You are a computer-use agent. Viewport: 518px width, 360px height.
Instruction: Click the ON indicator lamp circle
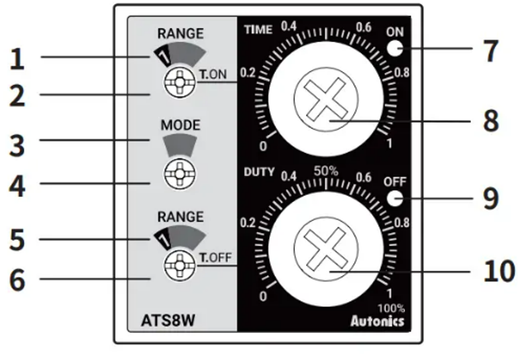coord(395,48)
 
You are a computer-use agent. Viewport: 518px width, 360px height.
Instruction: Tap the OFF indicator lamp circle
coord(395,199)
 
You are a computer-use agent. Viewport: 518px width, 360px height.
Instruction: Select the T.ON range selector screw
coord(180,83)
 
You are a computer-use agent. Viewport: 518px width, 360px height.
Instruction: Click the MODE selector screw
coord(180,173)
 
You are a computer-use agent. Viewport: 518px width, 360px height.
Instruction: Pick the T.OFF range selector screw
coord(180,265)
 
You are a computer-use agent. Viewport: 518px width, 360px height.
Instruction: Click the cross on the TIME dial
coord(326,99)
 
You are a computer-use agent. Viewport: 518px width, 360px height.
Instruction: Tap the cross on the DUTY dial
coord(326,249)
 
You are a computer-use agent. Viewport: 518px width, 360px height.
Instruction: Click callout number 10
coord(499,271)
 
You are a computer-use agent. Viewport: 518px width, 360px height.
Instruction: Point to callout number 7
coord(491,51)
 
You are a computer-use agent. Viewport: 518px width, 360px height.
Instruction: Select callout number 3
coord(17,146)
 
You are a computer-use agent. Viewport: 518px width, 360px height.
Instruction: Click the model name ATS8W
coord(168,320)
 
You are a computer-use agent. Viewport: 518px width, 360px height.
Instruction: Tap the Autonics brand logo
coord(378,321)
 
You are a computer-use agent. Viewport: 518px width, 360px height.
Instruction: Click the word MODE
coord(180,125)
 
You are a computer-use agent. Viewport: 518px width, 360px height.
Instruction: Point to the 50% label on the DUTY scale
coord(326,171)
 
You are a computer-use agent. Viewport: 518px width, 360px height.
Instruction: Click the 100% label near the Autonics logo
coord(391,308)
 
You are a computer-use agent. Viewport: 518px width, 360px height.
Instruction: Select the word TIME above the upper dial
coord(258,30)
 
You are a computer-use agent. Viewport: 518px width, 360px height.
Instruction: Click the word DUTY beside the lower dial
coord(259,172)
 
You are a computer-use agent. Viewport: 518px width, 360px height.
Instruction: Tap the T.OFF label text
coord(215,257)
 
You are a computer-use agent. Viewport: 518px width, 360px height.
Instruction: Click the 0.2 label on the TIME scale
coord(248,73)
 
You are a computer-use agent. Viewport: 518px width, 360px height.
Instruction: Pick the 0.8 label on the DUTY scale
coord(402,223)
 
